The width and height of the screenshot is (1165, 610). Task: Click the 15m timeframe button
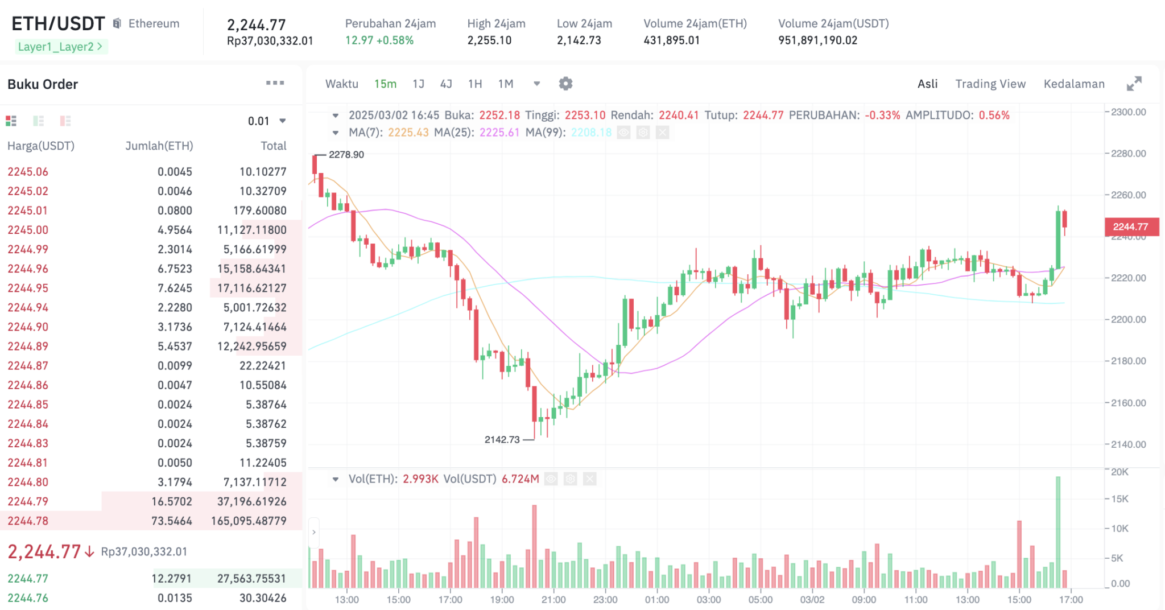(385, 84)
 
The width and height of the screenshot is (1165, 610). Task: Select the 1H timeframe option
(474, 84)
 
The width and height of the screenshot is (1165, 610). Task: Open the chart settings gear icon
(565, 84)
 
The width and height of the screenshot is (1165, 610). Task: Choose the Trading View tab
(990, 84)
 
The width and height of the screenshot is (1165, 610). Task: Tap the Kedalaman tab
(1073, 84)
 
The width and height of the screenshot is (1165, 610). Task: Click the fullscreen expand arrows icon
(1134, 84)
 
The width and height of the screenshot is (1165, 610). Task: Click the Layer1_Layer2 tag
(60, 47)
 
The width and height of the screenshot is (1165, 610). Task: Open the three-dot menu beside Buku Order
(275, 83)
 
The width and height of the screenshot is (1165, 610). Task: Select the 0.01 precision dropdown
(266, 121)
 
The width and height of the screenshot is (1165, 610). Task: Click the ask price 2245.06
(28, 171)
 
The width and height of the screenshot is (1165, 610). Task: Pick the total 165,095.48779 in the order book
(249, 521)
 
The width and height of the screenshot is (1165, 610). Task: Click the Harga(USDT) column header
(41, 146)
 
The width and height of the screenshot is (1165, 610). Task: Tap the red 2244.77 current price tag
(1130, 226)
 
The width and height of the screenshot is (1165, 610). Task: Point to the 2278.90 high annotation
(346, 154)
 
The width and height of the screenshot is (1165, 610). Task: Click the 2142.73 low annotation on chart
(502, 439)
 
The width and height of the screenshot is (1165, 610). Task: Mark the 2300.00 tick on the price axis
(1128, 112)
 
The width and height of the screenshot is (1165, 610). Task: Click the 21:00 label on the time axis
(553, 599)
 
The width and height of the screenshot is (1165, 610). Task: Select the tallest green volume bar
(1058, 531)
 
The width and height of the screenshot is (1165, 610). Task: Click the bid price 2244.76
(28, 597)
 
